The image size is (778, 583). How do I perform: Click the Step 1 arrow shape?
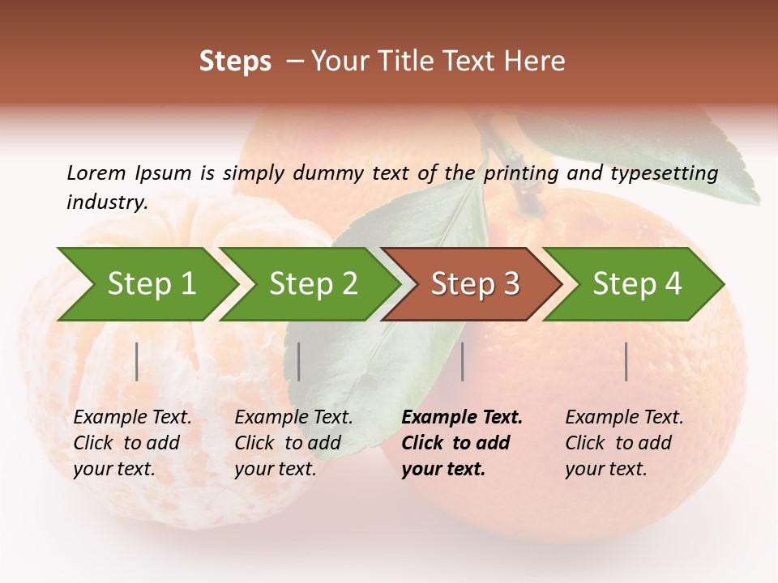click(x=150, y=283)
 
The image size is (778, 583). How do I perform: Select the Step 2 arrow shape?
click(x=312, y=283)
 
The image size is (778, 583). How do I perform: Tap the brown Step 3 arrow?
click(x=474, y=283)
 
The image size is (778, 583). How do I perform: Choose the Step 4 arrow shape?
click(x=636, y=283)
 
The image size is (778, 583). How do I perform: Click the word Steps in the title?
click(x=235, y=62)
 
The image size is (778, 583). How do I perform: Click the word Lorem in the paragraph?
click(x=96, y=172)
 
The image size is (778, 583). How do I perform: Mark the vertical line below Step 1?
click(x=137, y=361)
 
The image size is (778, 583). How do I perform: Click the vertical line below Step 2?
click(x=299, y=361)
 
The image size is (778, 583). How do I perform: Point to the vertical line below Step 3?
click(x=462, y=361)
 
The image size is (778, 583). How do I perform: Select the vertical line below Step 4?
click(x=626, y=361)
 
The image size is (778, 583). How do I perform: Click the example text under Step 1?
click(x=131, y=443)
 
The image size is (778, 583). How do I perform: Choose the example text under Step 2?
click(x=293, y=443)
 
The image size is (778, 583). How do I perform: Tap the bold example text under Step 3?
click(x=461, y=443)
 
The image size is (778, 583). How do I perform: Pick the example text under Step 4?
click(x=623, y=443)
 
